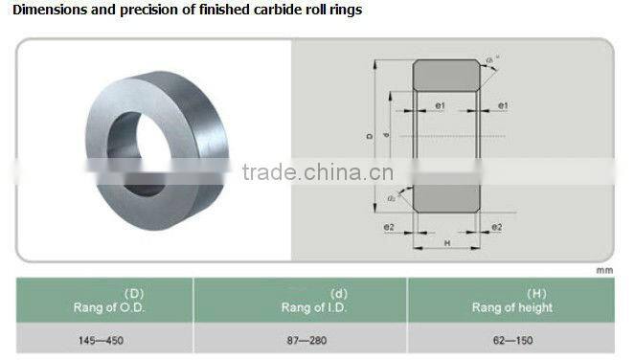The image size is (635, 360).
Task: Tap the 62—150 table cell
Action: (511, 340)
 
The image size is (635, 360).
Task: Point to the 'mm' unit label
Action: (603, 271)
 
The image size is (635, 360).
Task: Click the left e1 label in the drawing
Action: (438, 104)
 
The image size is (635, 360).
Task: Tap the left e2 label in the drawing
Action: (390, 227)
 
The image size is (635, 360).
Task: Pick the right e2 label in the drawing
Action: (496, 227)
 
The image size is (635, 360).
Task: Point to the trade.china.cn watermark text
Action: (312, 173)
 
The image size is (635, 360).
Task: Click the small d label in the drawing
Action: (386, 139)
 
